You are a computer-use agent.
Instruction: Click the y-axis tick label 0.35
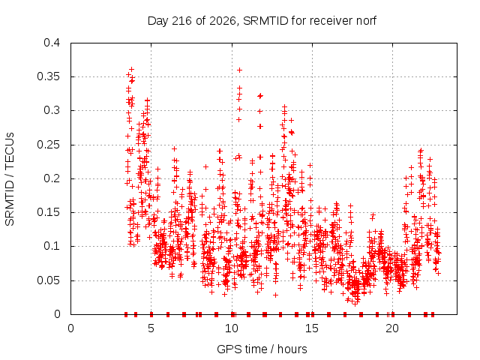[x=48, y=76]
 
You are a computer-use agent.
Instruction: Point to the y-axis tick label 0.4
[x=52, y=43]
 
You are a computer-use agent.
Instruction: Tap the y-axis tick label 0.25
[x=48, y=145]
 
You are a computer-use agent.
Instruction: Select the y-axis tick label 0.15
[x=48, y=212]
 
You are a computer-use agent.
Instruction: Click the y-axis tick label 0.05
[x=48, y=280]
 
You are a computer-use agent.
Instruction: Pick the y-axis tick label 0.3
[x=52, y=110]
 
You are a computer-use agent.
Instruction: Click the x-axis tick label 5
[x=151, y=328]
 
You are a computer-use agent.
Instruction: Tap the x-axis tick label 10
[x=232, y=328]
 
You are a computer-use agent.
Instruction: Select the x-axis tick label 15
[x=312, y=328]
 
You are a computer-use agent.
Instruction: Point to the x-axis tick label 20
[x=392, y=328]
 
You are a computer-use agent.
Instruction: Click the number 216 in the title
[x=182, y=21]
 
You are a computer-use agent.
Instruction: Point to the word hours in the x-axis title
[x=292, y=349]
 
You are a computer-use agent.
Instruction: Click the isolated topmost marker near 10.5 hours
[x=240, y=70]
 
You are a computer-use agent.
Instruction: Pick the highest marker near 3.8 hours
[x=132, y=70]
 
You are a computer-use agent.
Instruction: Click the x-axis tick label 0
[x=70, y=328]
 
